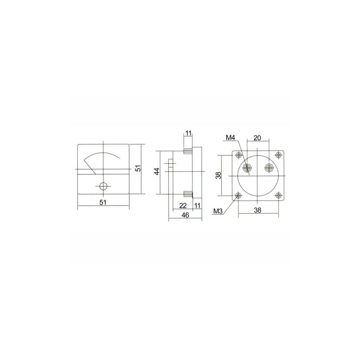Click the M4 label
(230, 138)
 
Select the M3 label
(218, 211)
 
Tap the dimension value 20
(257, 138)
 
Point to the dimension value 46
(185, 215)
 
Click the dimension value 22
(183, 206)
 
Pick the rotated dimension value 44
(157, 171)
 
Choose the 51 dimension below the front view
(103, 202)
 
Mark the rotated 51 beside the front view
(138, 168)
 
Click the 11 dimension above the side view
(188, 133)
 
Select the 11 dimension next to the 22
(197, 206)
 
